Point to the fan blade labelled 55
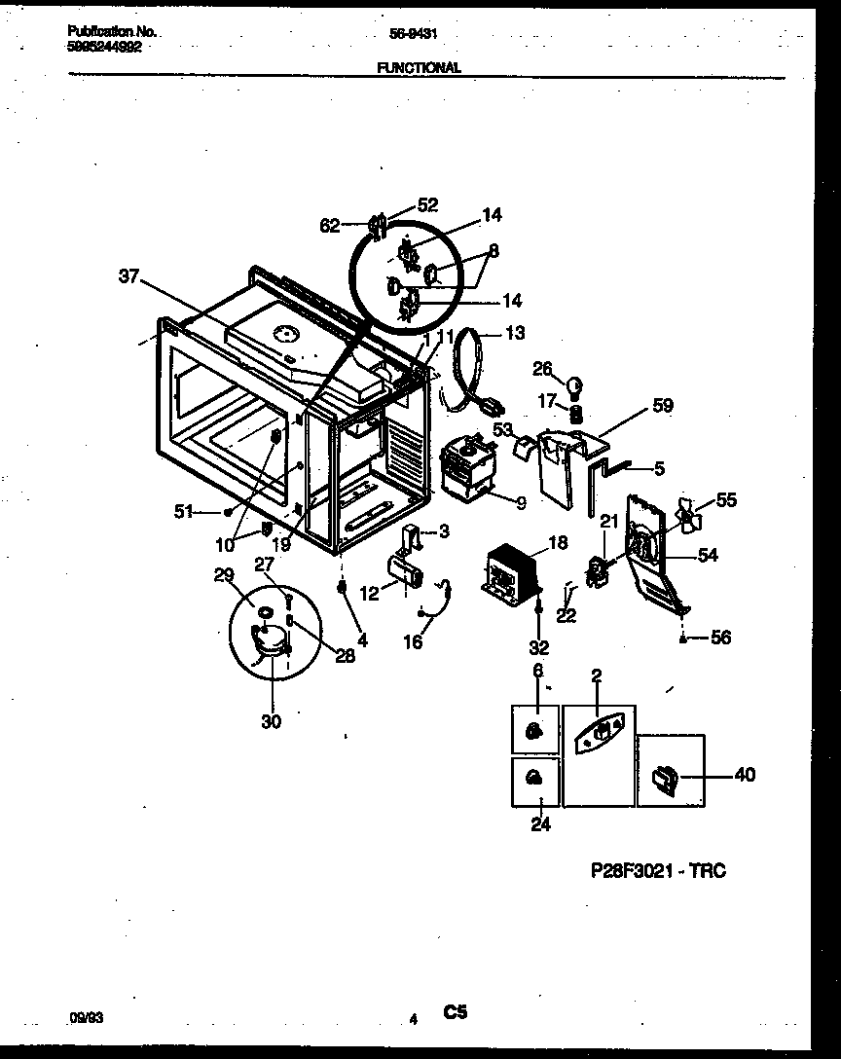click(690, 515)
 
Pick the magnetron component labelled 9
click(465, 468)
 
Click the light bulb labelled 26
click(575, 382)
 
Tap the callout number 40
click(744, 775)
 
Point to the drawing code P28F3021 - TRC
click(658, 870)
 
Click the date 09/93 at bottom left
click(87, 1016)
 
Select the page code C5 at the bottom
click(456, 1013)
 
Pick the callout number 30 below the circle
click(272, 721)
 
